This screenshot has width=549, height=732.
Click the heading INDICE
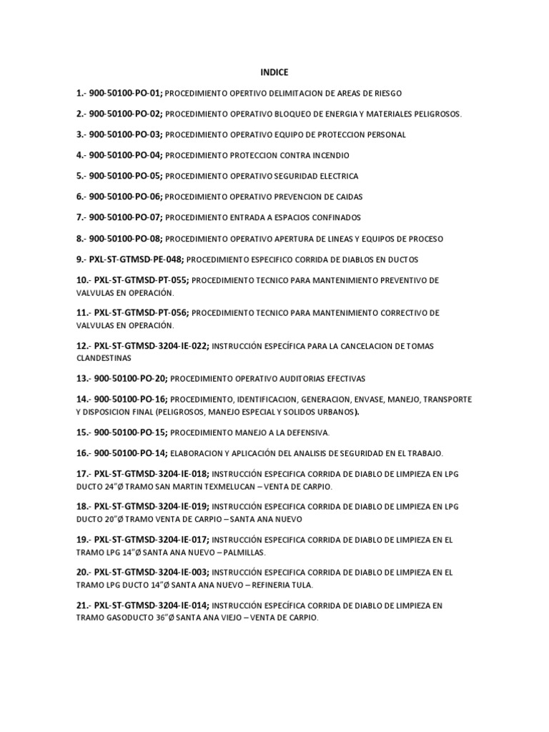pyautogui.click(x=273, y=72)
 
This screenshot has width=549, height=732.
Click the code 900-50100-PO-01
pyautogui.click(x=126, y=93)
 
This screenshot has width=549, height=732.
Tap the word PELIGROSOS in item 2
pyautogui.click(x=437, y=114)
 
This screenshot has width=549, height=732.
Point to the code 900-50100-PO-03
pyautogui.click(x=126, y=134)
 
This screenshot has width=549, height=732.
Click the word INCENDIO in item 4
pyautogui.click(x=329, y=155)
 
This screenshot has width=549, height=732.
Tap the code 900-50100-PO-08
pyautogui.click(x=126, y=238)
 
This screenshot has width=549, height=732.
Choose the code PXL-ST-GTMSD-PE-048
pyautogui.click(x=137, y=259)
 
